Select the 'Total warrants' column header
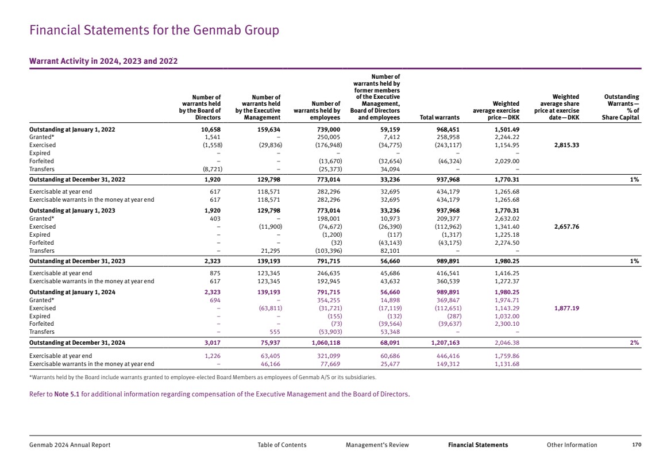(440, 117)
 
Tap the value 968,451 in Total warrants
(448, 130)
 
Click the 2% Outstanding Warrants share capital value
(635, 343)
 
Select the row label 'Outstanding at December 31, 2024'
(77, 343)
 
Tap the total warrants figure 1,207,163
(446, 343)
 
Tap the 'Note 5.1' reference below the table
(67, 394)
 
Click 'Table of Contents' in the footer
(281, 445)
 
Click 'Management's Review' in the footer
(377, 445)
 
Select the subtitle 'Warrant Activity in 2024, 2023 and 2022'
(103, 61)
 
